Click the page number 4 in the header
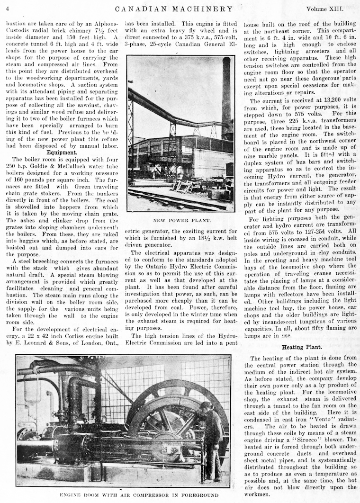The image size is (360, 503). click(x=8, y=9)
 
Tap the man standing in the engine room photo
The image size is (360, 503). click(x=212, y=438)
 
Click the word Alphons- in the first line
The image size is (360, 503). click(x=101, y=23)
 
